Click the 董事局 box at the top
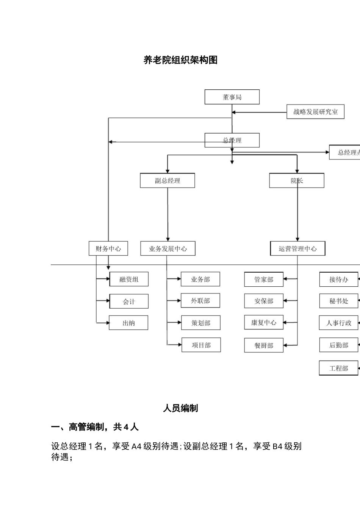[232, 97]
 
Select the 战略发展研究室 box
[315, 112]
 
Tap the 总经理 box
[232, 140]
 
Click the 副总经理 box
[167, 181]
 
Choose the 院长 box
[297, 181]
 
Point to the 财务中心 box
[108, 248]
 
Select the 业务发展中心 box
[168, 249]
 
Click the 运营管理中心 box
[297, 249]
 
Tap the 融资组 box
[129, 279]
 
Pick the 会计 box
[129, 301]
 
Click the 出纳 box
[128, 323]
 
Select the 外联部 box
[200, 301]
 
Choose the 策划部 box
[201, 323]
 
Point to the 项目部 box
[201, 345]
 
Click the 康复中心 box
[264, 322]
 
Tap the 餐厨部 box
[264, 345]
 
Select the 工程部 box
[338, 368]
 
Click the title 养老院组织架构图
[180, 60]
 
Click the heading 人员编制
[180, 408]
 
